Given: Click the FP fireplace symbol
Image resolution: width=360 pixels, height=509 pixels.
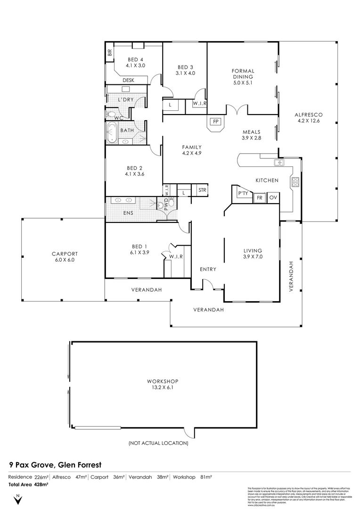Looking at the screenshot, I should (215, 122).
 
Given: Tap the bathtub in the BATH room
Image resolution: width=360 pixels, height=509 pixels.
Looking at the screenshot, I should (112, 134).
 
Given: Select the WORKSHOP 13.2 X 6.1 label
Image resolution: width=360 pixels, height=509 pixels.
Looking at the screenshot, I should (163, 384).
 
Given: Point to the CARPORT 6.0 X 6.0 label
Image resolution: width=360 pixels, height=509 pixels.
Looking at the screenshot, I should (65, 256).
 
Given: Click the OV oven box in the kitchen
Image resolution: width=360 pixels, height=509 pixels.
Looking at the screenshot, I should (273, 197).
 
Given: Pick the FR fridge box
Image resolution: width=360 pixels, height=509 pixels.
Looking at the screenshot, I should (259, 197).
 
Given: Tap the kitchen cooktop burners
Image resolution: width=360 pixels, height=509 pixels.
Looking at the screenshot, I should (295, 182).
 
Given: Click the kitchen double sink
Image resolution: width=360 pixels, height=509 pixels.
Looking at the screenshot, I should (278, 163).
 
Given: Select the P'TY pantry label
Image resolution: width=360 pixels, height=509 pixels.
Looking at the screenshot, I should (243, 194).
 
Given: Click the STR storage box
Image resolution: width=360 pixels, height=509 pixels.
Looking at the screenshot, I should (202, 190).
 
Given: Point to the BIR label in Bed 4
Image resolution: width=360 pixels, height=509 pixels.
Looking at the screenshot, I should (110, 53).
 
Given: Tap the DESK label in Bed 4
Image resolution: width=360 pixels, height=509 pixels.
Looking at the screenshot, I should (129, 80).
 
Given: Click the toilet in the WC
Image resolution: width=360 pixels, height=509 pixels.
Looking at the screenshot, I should (110, 115).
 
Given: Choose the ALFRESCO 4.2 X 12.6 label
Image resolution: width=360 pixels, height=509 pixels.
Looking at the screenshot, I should (308, 117).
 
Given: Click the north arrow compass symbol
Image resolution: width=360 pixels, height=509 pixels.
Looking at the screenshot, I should (17, 499).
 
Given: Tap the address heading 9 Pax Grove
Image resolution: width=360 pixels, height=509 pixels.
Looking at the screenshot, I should (55, 465).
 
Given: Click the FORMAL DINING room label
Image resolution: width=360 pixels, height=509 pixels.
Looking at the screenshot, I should (243, 76).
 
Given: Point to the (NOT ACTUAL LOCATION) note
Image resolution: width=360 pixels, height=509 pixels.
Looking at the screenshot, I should (158, 443).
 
